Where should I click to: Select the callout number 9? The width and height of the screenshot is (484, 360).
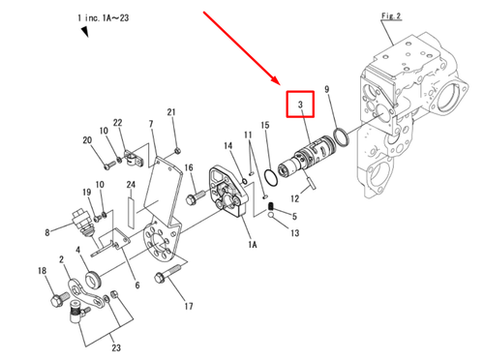(x=328, y=90)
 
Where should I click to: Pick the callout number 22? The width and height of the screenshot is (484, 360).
(x=118, y=123)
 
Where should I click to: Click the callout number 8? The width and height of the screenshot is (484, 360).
(x=46, y=232)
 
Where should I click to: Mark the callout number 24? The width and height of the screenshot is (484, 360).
(x=130, y=185)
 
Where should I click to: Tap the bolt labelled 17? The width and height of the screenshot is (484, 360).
(x=171, y=277)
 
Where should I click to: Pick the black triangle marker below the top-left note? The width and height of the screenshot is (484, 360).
(x=85, y=33)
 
